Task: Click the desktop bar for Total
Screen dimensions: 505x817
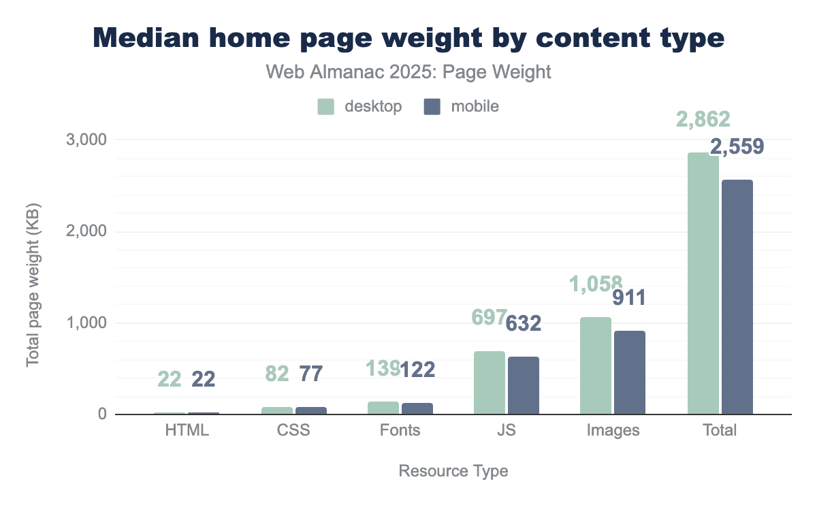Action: [703, 283]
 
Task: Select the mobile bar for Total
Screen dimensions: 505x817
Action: [737, 297]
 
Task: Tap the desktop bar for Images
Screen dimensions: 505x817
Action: [596, 365]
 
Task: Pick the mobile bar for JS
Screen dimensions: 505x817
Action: [524, 385]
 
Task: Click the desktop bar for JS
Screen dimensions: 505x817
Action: [490, 382]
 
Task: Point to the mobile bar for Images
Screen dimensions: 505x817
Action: [630, 372]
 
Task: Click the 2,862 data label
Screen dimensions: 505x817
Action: [703, 120]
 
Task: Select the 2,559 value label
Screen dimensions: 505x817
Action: [737, 146]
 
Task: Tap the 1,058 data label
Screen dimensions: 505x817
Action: [596, 283]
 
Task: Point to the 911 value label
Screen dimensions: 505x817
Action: [629, 297]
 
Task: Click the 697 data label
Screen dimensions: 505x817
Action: [490, 316]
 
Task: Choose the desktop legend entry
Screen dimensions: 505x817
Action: [360, 106]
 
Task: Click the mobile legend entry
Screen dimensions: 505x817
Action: [462, 106]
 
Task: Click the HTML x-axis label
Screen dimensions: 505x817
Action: [187, 430]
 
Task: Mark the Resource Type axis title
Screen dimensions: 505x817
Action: [453, 471]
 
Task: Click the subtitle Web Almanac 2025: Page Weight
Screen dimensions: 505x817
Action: [408, 72]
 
